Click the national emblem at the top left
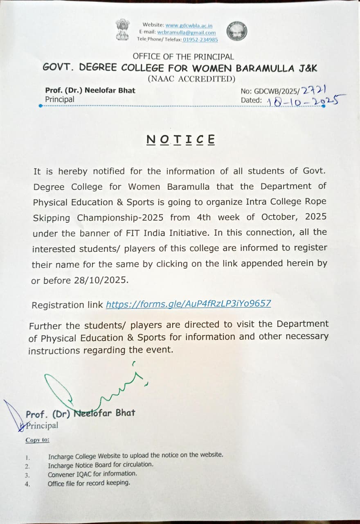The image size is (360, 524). [x=122, y=30]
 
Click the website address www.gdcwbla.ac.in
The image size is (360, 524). [x=189, y=25]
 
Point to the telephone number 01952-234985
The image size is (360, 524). [x=200, y=39]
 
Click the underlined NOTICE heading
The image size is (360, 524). [x=180, y=140]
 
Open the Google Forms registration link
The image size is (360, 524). [x=188, y=304]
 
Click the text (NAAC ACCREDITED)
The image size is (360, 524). [x=191, y=79]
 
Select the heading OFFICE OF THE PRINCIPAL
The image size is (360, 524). [x=183, y=57]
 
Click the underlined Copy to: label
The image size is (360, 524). [x=37, y=440]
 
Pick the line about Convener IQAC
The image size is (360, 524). [x=92, y=474]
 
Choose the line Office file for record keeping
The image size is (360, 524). [x=89, y=483]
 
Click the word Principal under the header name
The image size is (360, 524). [x=60, y=99]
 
